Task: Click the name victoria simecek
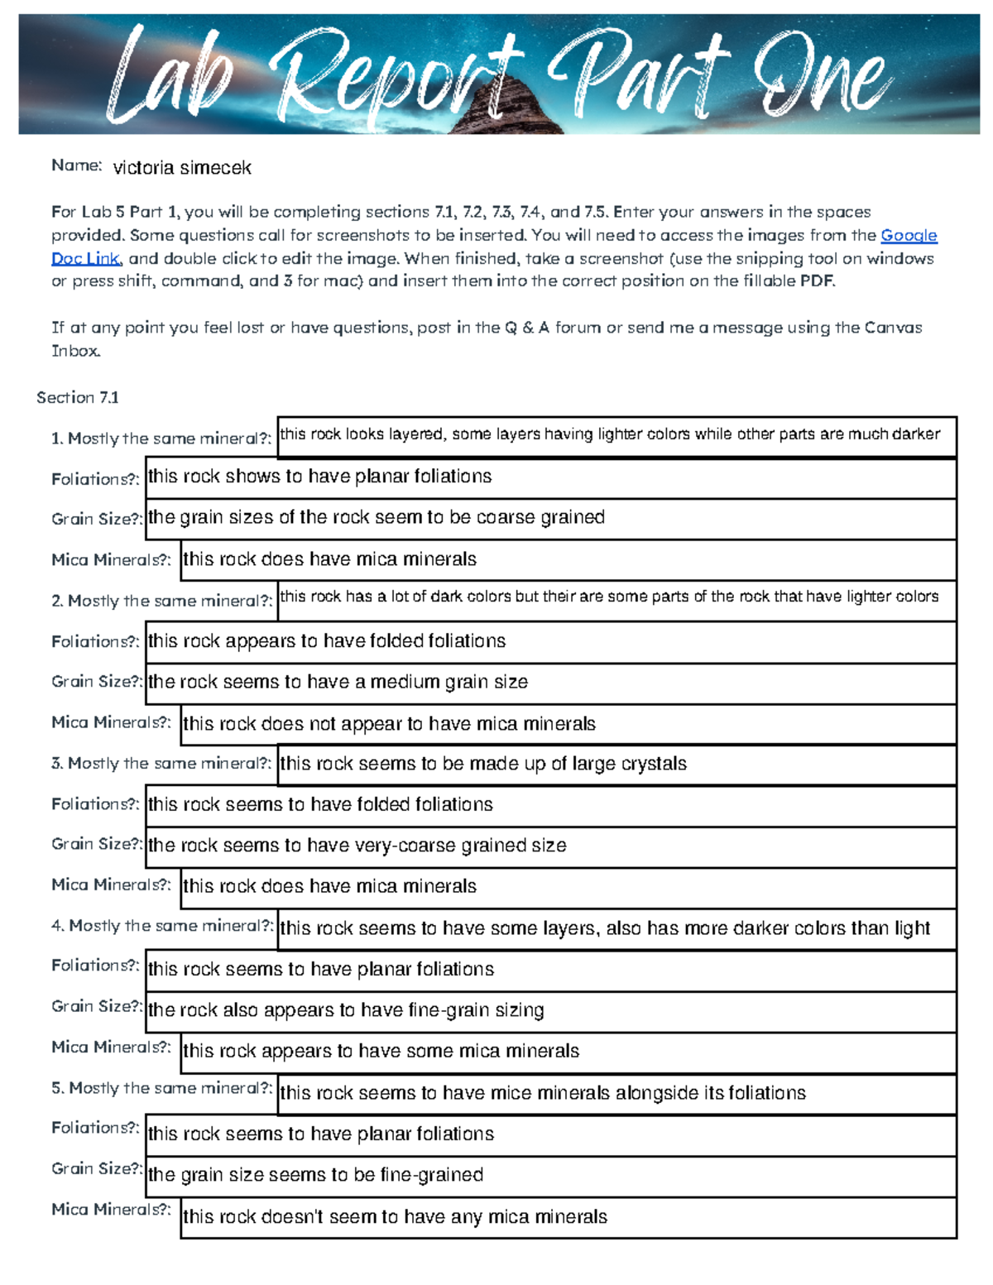click(182, 168)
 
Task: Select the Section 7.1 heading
click(78, 398)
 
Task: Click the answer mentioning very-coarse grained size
click(357, 846)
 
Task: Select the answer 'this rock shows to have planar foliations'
click(319, 477)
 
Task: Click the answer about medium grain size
click(338, 683)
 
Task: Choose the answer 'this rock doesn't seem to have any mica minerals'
click(395, 1217)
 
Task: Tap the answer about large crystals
click(483, 764)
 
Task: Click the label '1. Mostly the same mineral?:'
click(161, 439)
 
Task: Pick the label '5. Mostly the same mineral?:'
click(161, 1088)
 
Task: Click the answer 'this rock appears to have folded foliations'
click(327, 641)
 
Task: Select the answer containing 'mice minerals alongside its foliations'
click(543, 1093)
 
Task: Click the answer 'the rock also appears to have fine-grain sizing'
click(346, 1010)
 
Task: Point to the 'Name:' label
click(76, 165)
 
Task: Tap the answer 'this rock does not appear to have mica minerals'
click(389, 724)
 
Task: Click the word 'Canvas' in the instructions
click(893, 328)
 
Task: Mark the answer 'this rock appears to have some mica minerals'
click(381, 1052)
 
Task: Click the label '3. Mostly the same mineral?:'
click(161, 763)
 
